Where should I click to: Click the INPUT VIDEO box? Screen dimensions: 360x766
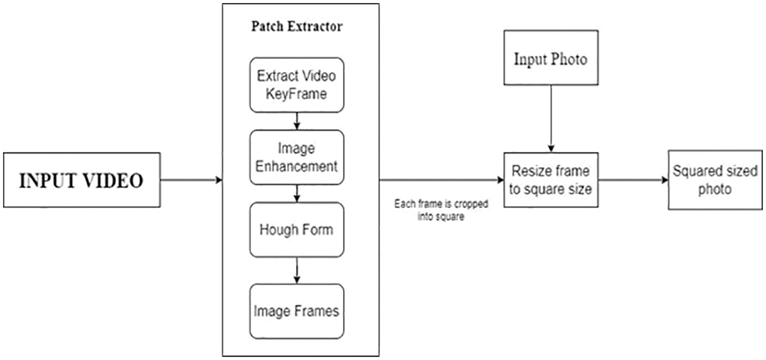pyautogui.click(x=81, y=180)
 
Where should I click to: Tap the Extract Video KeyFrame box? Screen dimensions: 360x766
pyautogui.click(x=297, y=85)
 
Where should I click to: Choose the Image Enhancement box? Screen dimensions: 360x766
pyautogui.click(x=297, y=157)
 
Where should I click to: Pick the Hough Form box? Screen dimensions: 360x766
pyautogui.click(x=297, y=229)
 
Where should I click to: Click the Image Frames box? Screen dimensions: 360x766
pyautogui.click(x=297, y=311)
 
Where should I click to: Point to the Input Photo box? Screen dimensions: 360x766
pyautogui.click(x=551, y=60)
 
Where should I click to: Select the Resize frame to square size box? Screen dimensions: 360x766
pyautogui.click(x=551, y=180)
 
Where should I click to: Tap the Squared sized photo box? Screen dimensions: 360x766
pyautogui.click(x=715, y=180)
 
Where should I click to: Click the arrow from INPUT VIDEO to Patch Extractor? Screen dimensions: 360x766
pyautogui.click(x=191, y=180)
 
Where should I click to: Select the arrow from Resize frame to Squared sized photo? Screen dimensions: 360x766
pyautogui.click(x=632, y=180)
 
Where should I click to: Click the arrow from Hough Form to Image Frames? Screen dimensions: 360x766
pyautogui.click(x=297, y=270)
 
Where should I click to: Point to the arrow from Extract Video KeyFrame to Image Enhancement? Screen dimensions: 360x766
pyautogui.click(x=297, y=121)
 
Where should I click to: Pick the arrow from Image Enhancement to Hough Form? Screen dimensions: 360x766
pyautogui.click(x=297, y=193)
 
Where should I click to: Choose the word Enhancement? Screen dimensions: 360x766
pyautogui.click(x=297, y=166)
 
